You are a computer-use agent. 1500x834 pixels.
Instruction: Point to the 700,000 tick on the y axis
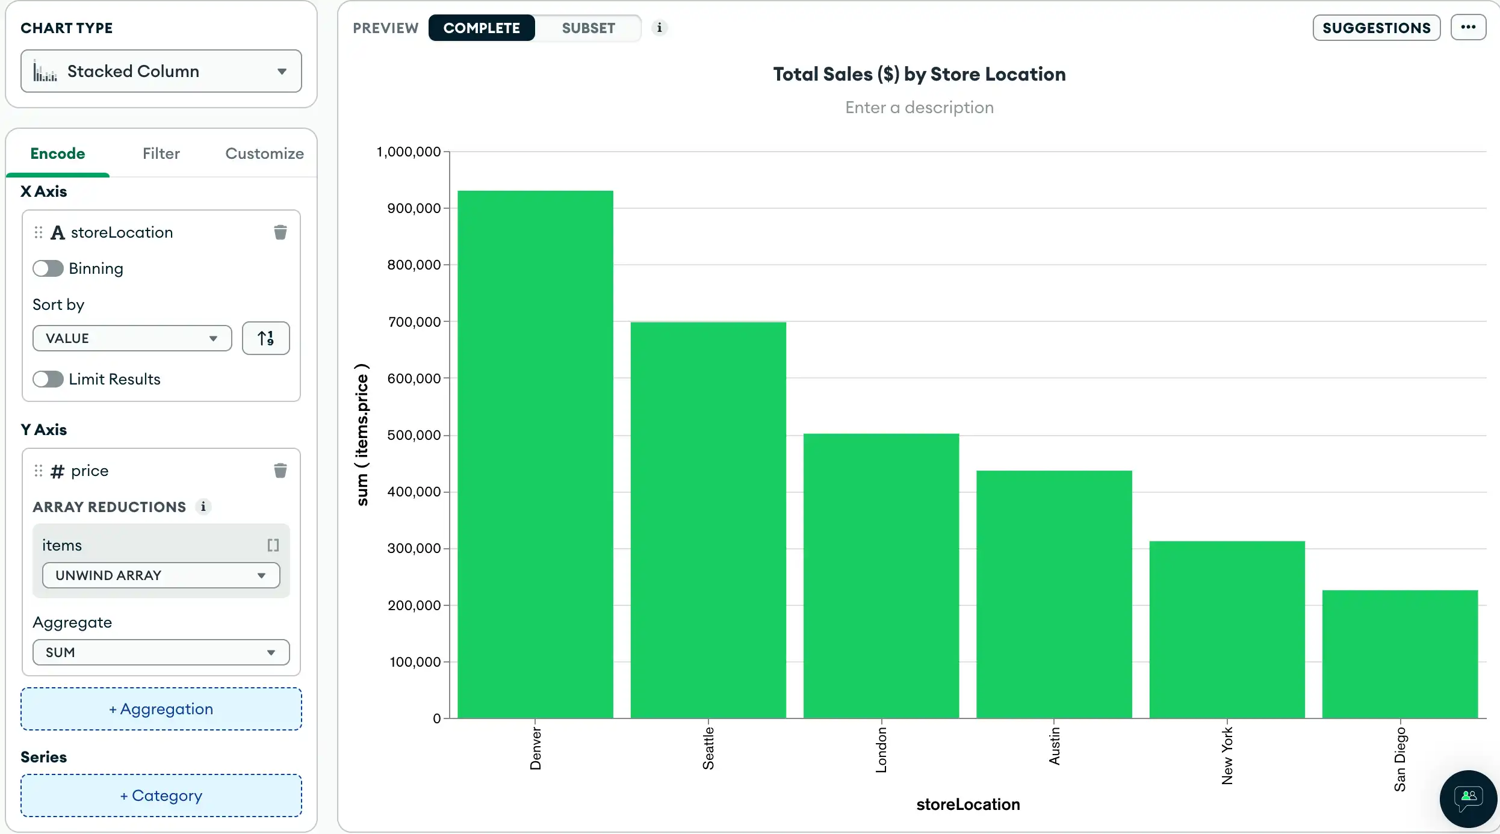pos(414,322)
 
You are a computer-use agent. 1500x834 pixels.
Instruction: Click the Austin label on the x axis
pos(1054,746)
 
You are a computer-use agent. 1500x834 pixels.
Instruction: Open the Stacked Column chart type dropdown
pos(161,71)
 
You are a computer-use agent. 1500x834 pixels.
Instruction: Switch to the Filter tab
pos(161,153)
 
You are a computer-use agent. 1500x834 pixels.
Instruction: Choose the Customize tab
pos(264,153)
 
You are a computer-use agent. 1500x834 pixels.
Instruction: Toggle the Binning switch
pos(48,268)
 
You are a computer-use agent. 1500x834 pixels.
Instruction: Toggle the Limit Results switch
pos(48,379)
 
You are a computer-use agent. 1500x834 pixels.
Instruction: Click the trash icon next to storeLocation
pos(280,232)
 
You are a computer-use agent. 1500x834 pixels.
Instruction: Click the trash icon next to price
pos(280,471)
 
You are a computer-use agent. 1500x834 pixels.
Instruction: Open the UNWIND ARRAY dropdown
pos(161,575)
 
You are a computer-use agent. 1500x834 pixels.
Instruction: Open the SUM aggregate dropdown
pos(161,652)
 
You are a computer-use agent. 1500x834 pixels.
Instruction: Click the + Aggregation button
pos(161,709)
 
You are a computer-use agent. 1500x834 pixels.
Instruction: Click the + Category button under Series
pos(161,795)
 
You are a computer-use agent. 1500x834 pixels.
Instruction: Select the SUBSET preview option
pos(588,28)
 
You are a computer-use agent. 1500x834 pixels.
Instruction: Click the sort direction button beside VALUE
pos(265,338)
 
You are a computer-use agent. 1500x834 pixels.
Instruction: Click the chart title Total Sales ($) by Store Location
pos(919,74)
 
